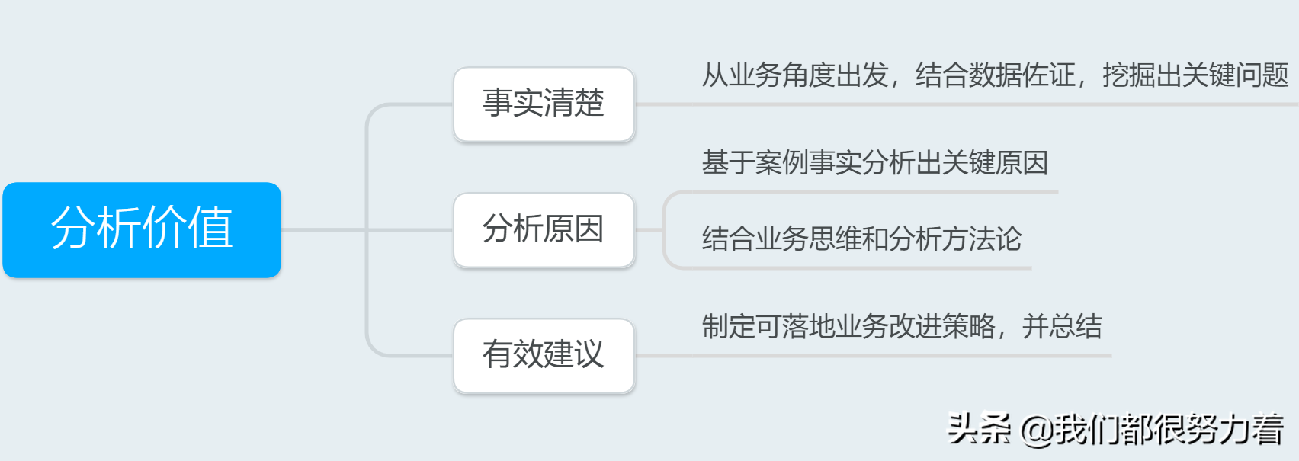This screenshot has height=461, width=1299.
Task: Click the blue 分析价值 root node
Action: (x=142, y=229)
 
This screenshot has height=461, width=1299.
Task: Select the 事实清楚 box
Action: (x=544, y=104)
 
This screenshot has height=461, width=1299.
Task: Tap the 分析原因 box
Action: (x=544, y=229)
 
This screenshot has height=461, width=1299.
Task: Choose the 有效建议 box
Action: (x=544, y=355)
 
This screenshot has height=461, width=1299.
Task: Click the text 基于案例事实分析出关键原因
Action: (x=874, y=163)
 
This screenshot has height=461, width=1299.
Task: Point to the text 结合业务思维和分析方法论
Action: (x=861, y=239)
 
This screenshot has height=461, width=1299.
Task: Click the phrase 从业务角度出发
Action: (x=795, y=75)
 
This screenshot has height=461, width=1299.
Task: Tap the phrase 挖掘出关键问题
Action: (x=1195, y=75)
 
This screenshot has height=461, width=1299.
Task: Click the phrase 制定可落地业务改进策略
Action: (x=848, y=327)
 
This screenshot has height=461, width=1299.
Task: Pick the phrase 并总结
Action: (x=1062, y=327)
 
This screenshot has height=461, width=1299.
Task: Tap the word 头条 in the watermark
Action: (x=979, y=429)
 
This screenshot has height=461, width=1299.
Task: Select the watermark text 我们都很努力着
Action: (x=1169, y=430)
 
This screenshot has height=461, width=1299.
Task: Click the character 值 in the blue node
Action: (x=210, y=228)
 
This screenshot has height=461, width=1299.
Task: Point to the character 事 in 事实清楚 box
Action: (x=498, y=104)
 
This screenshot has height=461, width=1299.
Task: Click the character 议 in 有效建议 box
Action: (x=589, y=355)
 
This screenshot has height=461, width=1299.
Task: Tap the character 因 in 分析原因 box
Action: (x=589, y=229)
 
